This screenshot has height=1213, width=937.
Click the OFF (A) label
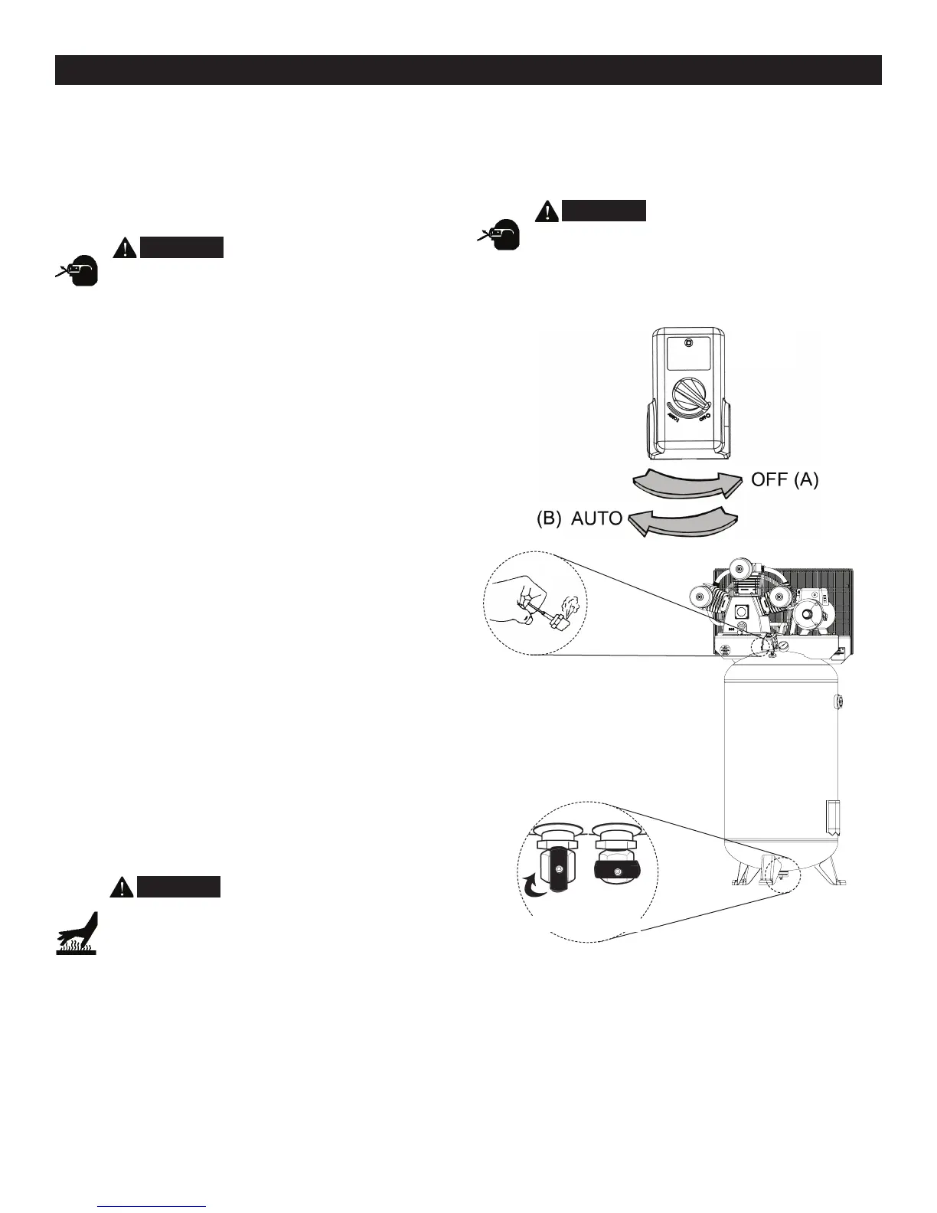point(785,480)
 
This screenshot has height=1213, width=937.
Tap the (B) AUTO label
point(579,518)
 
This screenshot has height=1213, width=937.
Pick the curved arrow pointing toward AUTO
point(683,522)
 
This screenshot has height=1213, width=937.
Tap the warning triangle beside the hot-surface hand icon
point(122,887)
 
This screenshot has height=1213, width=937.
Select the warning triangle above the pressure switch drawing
point(547,210)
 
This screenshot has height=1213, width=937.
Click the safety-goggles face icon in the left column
point(79,269)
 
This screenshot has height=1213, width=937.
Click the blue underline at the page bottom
point(152,1206)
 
